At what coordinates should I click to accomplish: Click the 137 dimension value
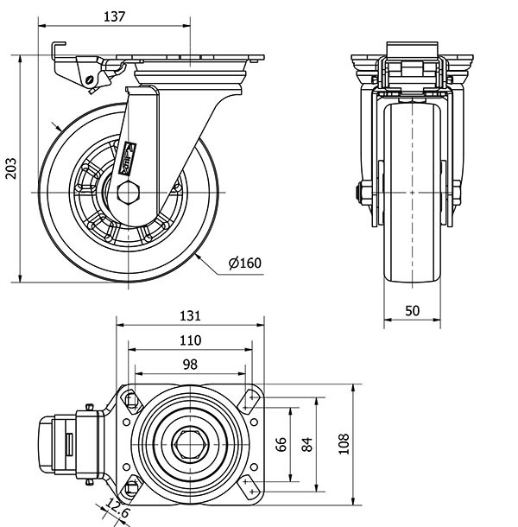(x=114, y=16)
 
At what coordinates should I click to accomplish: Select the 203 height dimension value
(x=10, y=168)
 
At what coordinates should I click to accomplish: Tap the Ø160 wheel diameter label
(x=244, y=263)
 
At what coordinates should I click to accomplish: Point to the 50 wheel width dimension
(x=412, y=310)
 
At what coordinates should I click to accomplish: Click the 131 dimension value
(x=190, y=315)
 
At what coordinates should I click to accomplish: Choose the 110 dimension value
(x=190, y=340)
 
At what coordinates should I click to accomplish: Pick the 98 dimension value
(x=190, y=364)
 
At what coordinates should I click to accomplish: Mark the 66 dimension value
(x=281, y=444)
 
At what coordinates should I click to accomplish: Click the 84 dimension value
(x=306, y=444)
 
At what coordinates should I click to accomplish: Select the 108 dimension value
(x=344, y=444)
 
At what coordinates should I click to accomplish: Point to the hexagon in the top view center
(x=189, y=445)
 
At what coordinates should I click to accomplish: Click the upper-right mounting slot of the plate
(x=250, y=399)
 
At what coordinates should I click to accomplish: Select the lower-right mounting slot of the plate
(x=250, y=488)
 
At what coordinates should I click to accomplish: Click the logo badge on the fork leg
(x=130, y=156)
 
